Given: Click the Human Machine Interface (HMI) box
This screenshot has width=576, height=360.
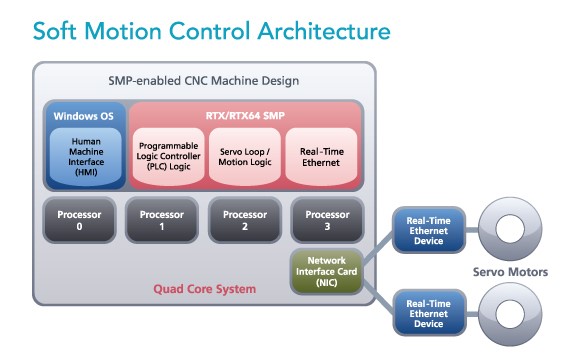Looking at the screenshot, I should tap(84, 155).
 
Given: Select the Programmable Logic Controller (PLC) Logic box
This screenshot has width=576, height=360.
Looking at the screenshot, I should tap(167, 155).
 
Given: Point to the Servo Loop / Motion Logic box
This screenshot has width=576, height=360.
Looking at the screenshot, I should tap(244, 155).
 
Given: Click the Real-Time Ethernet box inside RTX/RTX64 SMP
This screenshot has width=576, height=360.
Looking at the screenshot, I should tap(321, 155).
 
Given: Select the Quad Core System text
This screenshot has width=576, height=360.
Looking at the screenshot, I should tap(204, 289).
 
